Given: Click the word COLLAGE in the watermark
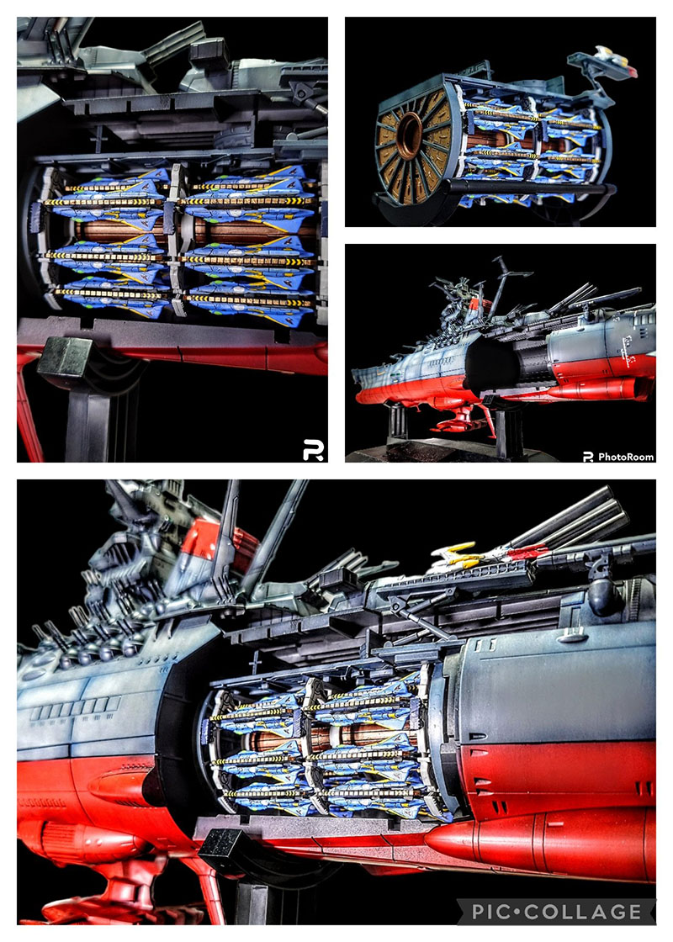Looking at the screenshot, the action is click(582, 912).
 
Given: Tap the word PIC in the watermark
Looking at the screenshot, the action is click(490, 912).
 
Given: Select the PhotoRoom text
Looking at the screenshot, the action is click(626, 457).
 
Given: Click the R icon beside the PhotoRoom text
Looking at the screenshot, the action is click(588, 457).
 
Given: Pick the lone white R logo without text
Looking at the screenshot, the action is click(313, 450).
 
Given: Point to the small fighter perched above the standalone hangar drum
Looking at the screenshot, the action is click(606, 61).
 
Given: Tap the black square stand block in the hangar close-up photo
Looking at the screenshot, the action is click(64, 356).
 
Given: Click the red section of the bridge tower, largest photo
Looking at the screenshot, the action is click(207, 544).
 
